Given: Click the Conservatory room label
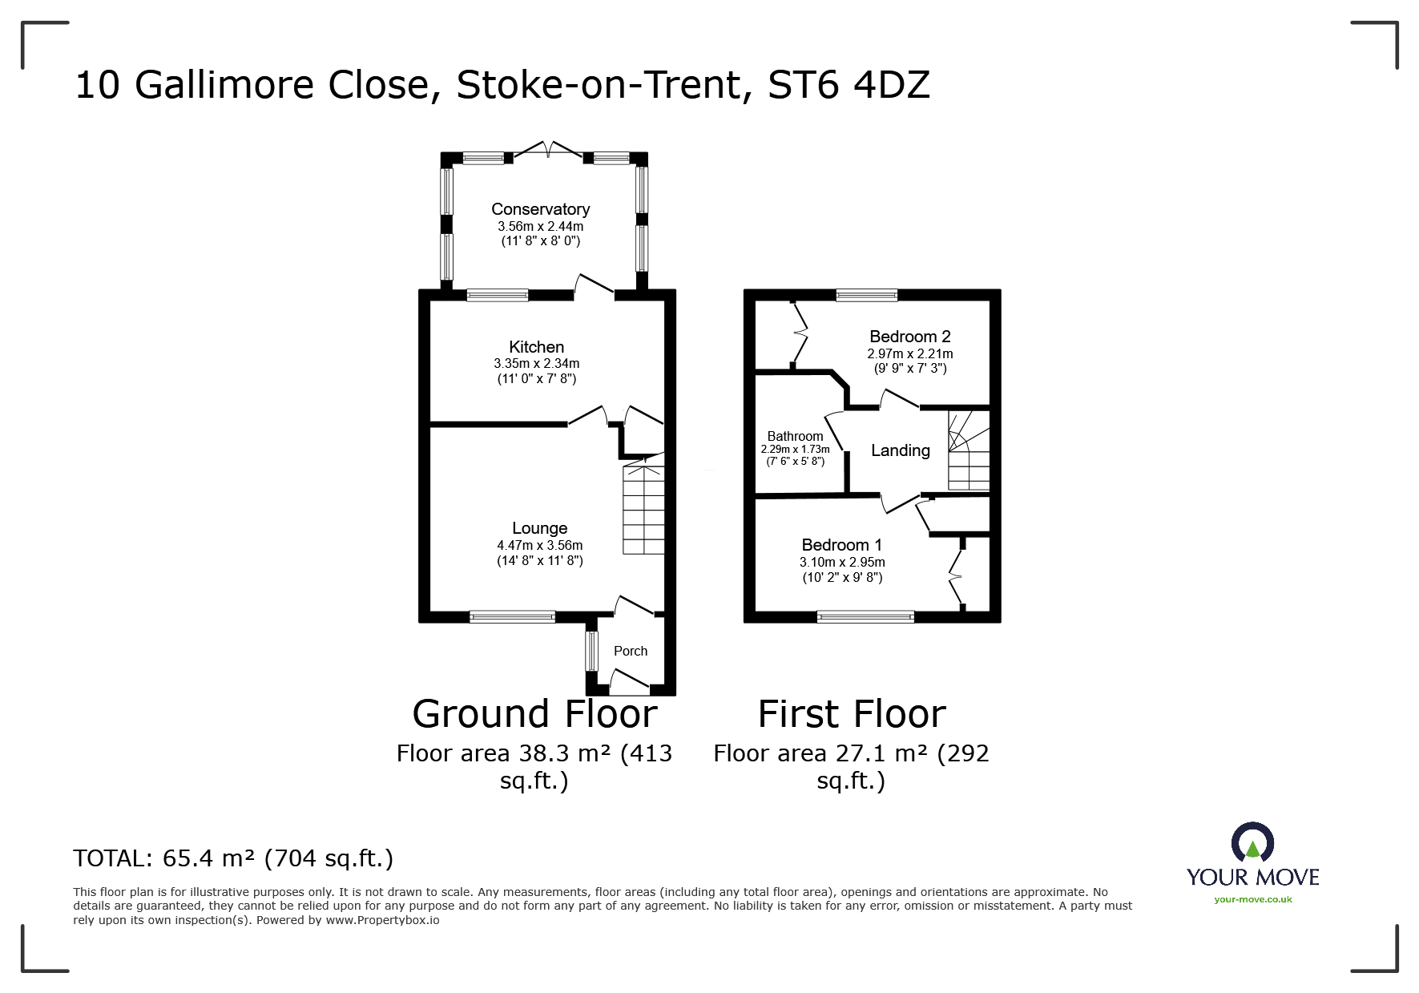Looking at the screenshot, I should click(x=540, y=209).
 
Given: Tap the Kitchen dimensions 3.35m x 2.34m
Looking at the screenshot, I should click(x=536, y=364).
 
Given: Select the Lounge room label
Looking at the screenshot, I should click(x=539, y=528).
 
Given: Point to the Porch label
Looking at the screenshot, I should click(x=630, y=651).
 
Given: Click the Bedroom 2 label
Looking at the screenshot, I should click(x=909, y=337).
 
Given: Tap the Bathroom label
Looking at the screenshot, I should click(x=795, y=437).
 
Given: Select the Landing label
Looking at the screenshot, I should click(x=900, y=450).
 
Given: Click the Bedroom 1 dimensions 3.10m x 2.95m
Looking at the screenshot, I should click(x=842, y=563).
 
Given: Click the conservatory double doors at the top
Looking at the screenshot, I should click(x=548, y=150).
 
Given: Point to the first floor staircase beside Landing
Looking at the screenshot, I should click(x=969, y=450).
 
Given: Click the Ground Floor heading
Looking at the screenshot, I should click(x=534, y=713).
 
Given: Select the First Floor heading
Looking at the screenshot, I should click(x=852, y=713).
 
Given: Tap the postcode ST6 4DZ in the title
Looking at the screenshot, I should click(x=849, y=85).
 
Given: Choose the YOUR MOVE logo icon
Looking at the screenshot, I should click(x=1252, y=842).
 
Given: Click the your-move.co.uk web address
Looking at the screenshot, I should click(x=1252, y=899).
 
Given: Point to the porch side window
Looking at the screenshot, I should click(x=591, y=652).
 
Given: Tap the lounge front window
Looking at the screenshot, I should click(x=512, y=616).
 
